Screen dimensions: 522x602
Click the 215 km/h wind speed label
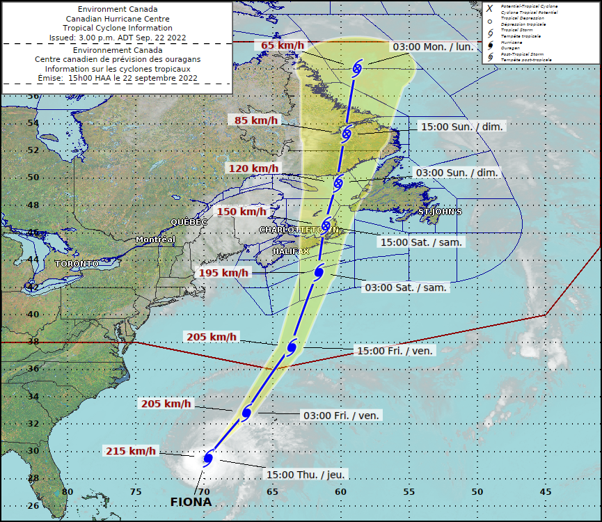point(132,451)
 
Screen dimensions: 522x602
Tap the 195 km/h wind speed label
point(224,273)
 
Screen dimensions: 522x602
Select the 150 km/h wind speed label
point(241,212)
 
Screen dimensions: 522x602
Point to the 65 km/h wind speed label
point(283,46)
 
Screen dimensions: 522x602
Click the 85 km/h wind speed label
point(256,120)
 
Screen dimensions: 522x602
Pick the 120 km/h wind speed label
point(253,168)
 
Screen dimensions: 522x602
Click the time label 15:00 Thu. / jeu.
point(306,474)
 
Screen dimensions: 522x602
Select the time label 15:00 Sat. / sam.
point(422,242)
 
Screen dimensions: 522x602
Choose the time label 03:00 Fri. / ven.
point(342,416)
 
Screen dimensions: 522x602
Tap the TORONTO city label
point(77,264)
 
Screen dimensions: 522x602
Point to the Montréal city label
point(155,239)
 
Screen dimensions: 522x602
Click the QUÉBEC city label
point(189,222)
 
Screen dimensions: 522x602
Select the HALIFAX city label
point(290,251)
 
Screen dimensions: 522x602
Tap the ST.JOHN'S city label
point(440,212)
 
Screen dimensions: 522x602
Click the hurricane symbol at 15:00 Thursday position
point(207,457)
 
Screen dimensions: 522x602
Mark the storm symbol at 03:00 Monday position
point(357,68)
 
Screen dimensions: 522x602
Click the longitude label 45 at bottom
point(545,492)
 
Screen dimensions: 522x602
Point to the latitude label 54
point(32,122)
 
